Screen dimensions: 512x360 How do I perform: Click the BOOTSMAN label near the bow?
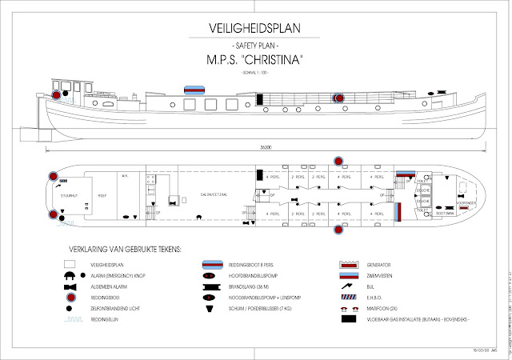446,214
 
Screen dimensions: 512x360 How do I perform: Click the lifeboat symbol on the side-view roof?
194,89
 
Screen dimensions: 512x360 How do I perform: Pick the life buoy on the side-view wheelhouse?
58,94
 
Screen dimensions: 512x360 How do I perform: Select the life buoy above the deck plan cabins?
338,158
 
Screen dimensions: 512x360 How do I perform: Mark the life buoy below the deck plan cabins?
338,231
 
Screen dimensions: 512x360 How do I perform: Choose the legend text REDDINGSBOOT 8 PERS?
258,262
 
